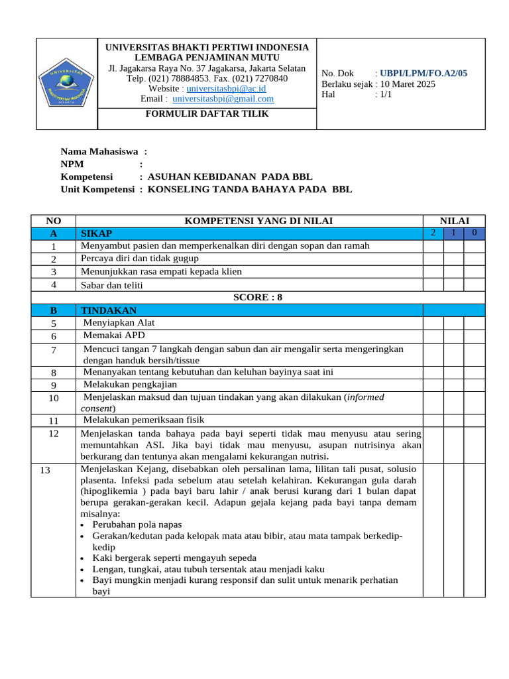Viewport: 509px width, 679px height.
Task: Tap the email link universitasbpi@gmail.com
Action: (223, 99)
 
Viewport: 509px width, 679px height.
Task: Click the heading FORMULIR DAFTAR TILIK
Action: (207, 113)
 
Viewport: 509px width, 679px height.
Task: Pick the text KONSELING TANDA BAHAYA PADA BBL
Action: (249, 189)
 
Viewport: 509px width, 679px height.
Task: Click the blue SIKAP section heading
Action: (96, 233)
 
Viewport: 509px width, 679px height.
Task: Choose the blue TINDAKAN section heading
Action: (108, 310)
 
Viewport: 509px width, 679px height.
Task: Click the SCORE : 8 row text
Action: (258, 297)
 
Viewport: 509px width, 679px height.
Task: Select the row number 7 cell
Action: (53, 349)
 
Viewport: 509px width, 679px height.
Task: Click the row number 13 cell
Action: (45, 470)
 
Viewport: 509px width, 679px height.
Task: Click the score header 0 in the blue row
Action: (474, 233)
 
